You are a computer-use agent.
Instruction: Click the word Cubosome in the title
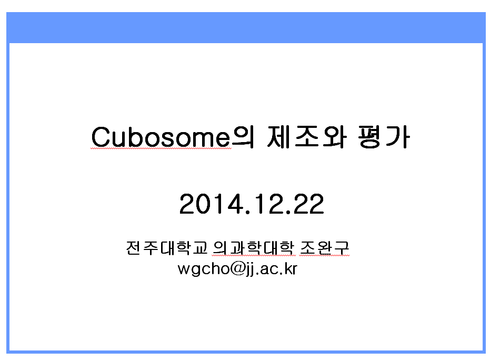pyautogui.click(x=161, y=137)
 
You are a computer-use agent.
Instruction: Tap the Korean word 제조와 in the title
pyautogui.click(x=307, y=137)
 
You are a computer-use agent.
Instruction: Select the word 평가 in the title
pyautogui.click(x=384, y=137)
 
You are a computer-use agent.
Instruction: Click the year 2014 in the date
pyautogui.click(x=212, y=204)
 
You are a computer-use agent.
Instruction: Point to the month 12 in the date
pyautogui.click(x=268, y=204)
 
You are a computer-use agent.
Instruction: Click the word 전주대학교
pyautogui.click(x=167, y=248)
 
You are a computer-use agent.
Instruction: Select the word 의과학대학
pyautogui.click(x=254, y=248)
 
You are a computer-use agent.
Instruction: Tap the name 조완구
pyautogui.click(x=324, y=248)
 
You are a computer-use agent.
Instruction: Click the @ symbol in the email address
pyautogui.click(x=238, y=268)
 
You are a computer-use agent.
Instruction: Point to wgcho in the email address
pyautogui.click(x=204, y=269)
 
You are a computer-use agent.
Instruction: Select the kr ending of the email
pyautogui.click(x=291, y=268)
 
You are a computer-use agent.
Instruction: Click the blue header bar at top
pyautogui.click(x=246, y=27)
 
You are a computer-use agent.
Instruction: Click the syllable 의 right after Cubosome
pyautogui.click(x=243, y=137)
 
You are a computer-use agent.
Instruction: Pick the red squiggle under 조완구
pyautogui.click(x=324, y=256)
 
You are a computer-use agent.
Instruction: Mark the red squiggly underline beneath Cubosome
pyautogui.click(x=161, y=148)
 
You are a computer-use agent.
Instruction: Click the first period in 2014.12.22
pyautogui.click(x=248, y=212)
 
